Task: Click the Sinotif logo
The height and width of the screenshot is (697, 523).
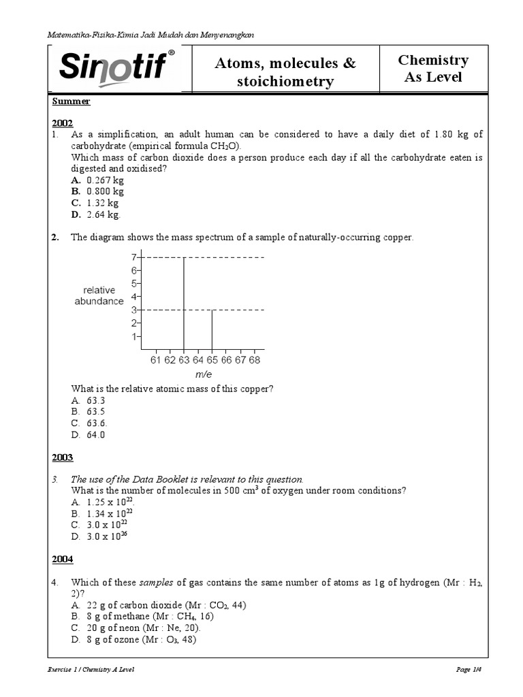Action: tap(117, 67)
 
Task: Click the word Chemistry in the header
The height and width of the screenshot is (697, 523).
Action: tap(433, 60)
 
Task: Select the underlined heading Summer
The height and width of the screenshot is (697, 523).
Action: tap(72, 101)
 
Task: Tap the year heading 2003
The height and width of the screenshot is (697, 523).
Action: tap(63, 457)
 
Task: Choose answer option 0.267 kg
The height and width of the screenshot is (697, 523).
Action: tap(105, 180)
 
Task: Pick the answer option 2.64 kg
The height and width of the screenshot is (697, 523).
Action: tap(103, 215)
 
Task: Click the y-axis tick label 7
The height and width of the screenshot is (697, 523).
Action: tap(135, 257)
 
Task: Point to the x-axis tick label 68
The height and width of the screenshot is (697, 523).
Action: tap(255, 359)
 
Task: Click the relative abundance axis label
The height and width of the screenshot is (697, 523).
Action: tap(99, 295)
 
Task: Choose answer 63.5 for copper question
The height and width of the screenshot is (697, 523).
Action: tap(95, 412)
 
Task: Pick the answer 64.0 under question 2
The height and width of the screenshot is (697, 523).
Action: tap(95, 435)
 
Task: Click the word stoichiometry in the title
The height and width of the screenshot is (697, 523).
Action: tap(285, 82)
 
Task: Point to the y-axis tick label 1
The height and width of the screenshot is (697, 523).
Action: tap(135, 336)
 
